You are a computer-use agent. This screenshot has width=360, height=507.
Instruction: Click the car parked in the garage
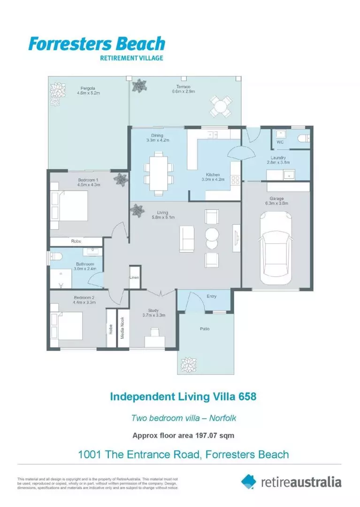276,249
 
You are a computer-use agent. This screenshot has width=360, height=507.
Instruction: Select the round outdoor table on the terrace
221,107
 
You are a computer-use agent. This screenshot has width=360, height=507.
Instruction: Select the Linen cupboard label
134,278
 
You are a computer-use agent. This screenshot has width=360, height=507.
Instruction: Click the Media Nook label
123,327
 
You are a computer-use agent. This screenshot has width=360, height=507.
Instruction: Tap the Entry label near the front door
211,296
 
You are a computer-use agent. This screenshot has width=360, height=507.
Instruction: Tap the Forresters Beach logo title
97,44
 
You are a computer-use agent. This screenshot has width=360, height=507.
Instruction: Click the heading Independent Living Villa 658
183,396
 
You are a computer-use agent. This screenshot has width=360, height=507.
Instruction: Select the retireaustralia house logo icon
249,481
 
